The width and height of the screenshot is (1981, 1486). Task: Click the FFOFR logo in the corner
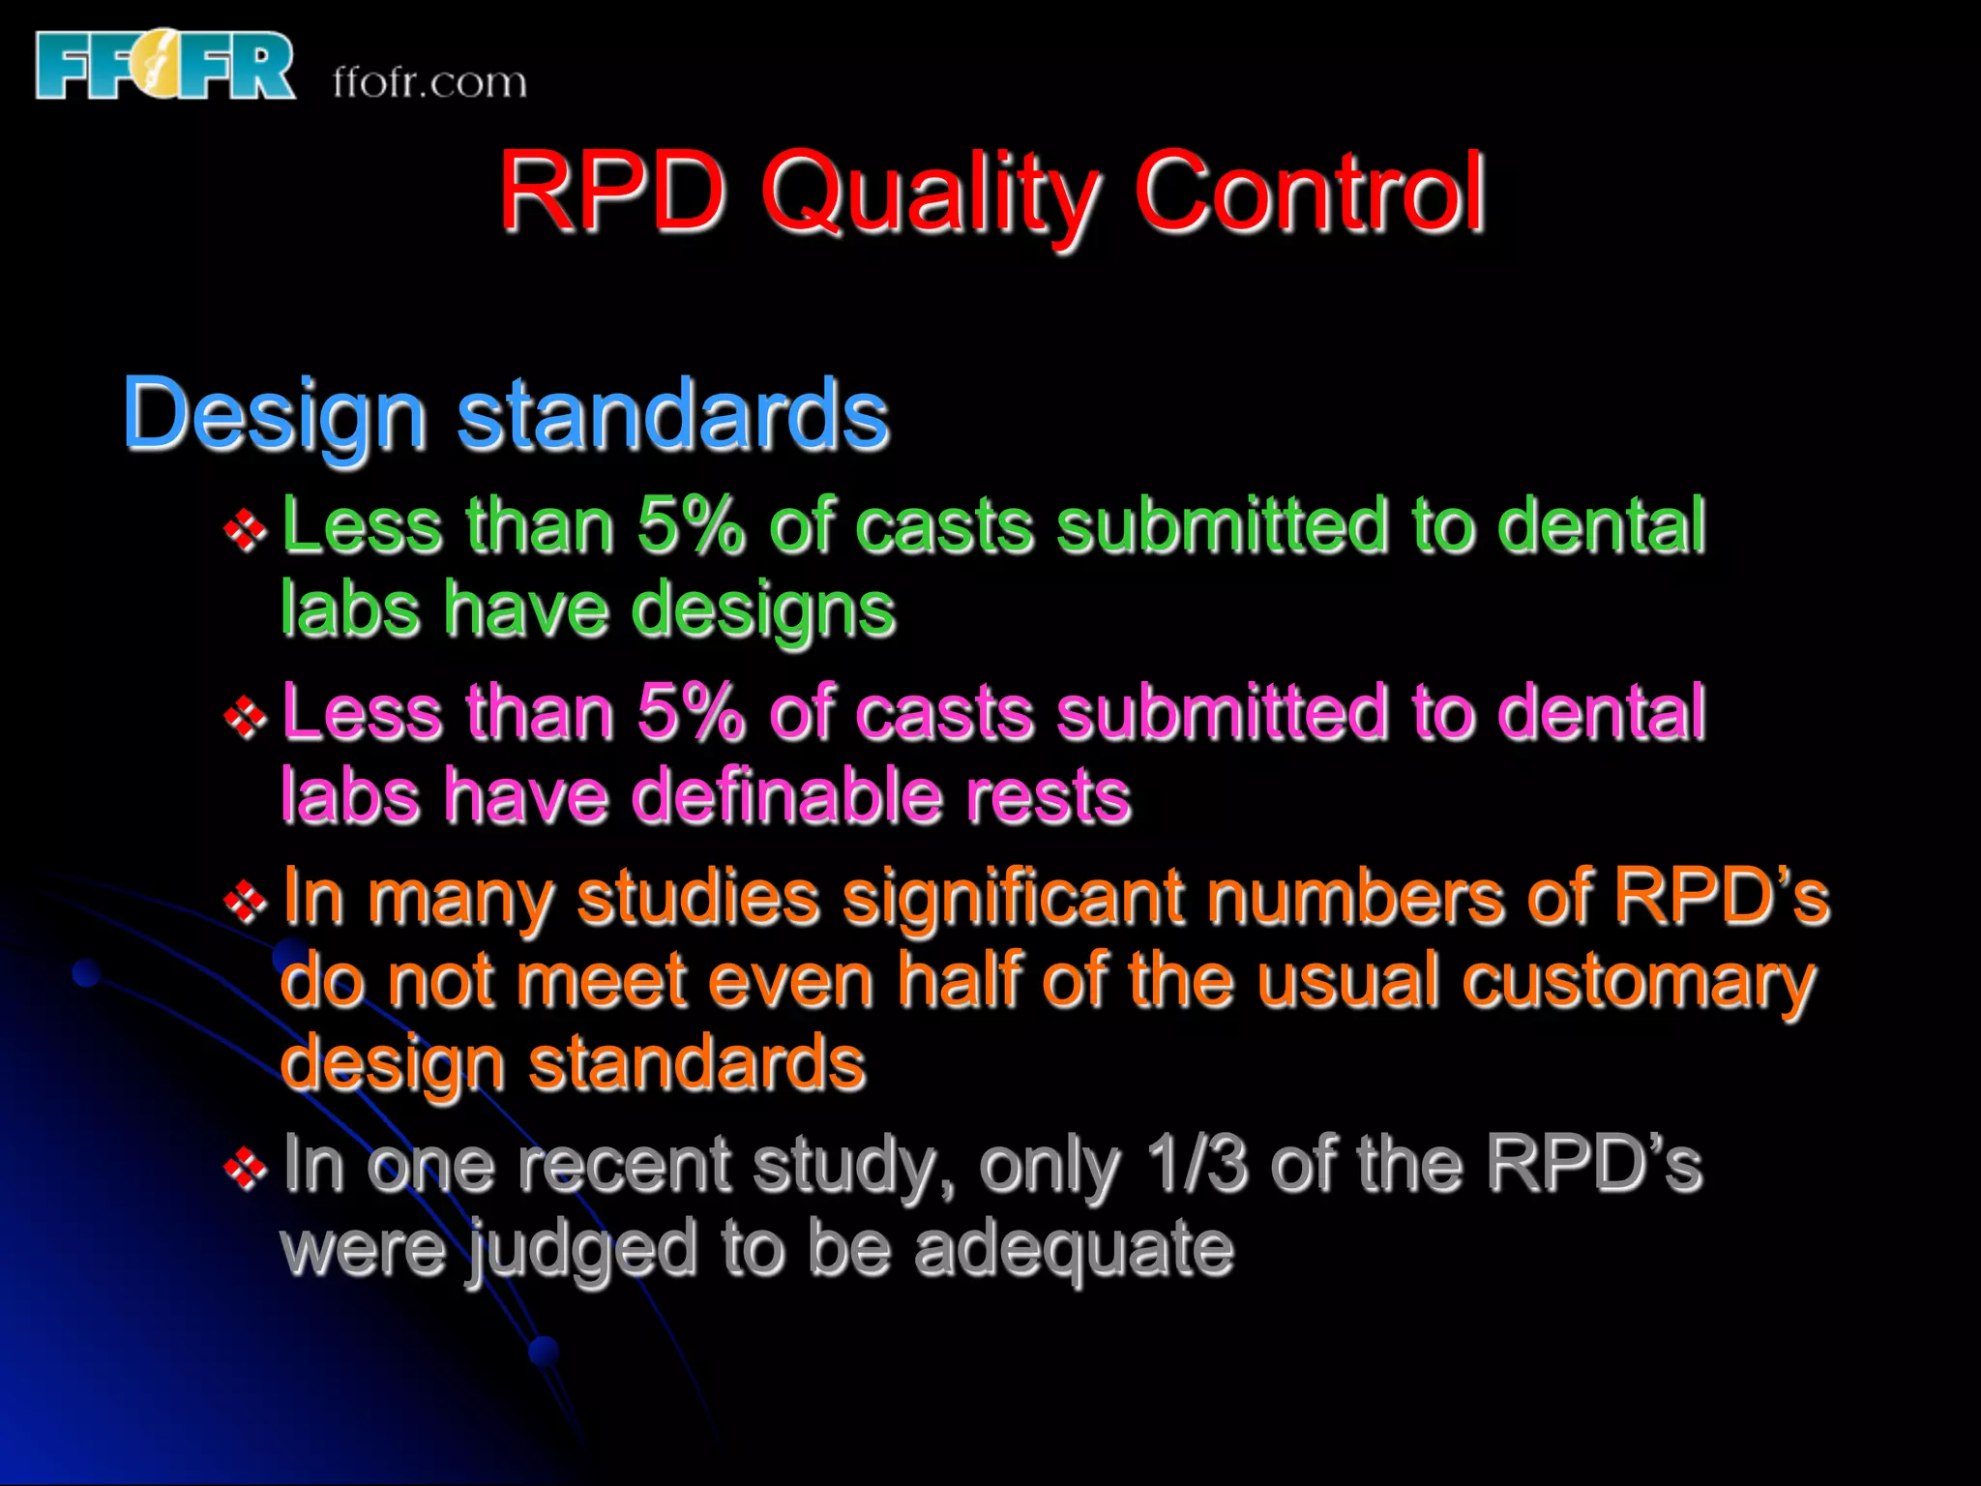click(x=164, y=66)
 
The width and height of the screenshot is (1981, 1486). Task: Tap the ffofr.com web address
click(x=429, y=83)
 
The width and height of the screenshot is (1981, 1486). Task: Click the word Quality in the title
click(x=929, y=193)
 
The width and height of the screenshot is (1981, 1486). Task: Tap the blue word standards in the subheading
click(x=672, y=414)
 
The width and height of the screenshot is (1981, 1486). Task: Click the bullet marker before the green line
click(x=245, y=529)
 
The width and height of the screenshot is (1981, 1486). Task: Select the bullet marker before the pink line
click(x=245, y=717)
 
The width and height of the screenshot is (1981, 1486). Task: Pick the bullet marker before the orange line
click(x=245, y=903)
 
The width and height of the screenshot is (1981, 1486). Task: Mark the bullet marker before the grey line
click(x=245, y=1169)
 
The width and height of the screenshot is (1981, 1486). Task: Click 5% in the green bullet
click(x=691, y=525)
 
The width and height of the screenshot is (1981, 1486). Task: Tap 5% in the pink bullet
click(x=691, y=713)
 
